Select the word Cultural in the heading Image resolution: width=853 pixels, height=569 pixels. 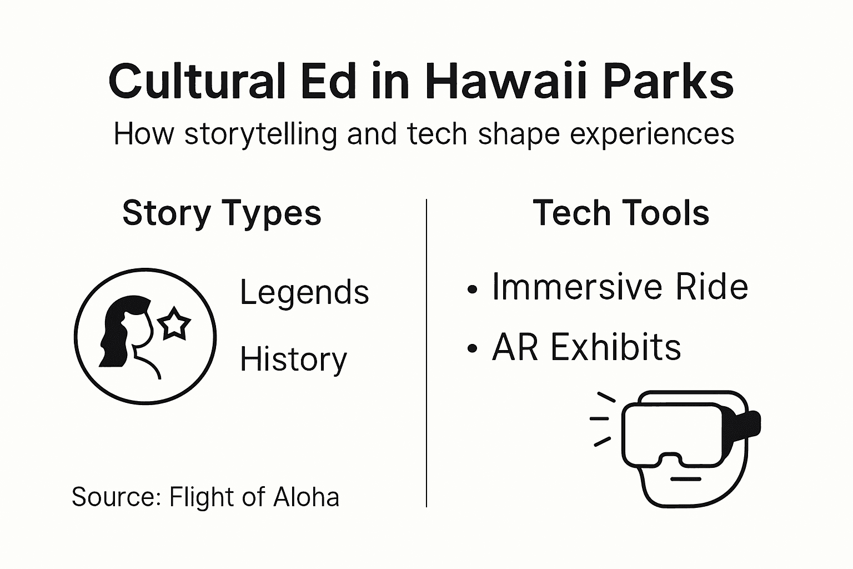pos(197,82)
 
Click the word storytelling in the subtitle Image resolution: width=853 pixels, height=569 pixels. pos(260,134)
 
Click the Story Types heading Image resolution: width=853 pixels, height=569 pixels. pos(222,213)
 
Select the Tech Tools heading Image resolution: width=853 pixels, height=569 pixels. pos(621,213)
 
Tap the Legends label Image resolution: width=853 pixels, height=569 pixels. pos(304,292)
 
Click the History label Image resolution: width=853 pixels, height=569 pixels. pos(293,360)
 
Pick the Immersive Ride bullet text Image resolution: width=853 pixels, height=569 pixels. pos(620,287)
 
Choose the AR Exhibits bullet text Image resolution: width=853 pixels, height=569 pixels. pos(586,348)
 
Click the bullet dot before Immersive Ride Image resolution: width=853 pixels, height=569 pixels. pos(473,290)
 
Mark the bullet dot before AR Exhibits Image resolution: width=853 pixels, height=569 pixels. pos(473,349)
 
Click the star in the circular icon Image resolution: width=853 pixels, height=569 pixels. pos(174,324)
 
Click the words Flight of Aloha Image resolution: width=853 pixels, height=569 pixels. pos(254,497)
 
